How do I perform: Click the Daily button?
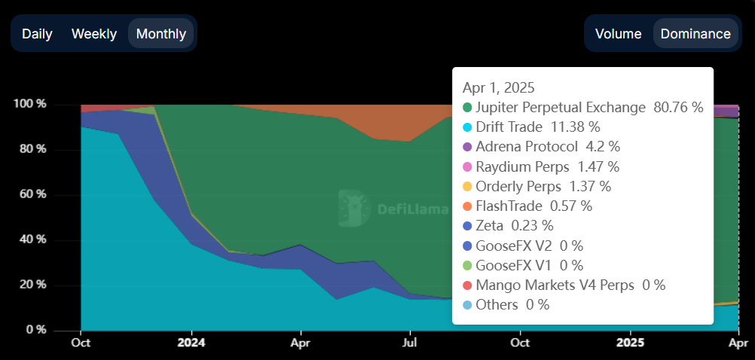point(36,34)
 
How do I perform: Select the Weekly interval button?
point(94,34)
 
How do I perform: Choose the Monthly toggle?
point(161,34)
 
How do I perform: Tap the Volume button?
point(618,34)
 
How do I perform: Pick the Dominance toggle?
point(695,34)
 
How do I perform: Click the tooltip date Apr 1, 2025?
point(499,87)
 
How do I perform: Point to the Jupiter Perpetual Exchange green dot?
point(467,108)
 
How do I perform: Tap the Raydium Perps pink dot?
point(467,166)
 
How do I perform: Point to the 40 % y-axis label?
point(33,239)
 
